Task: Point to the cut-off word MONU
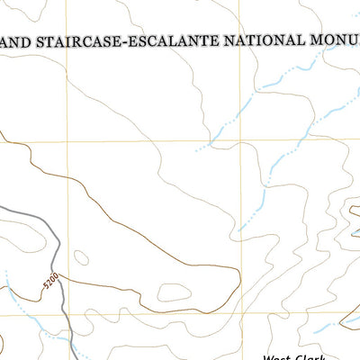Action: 331,40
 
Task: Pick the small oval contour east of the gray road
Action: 80,259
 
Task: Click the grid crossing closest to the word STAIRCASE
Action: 66,140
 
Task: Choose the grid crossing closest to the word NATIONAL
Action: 244,140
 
